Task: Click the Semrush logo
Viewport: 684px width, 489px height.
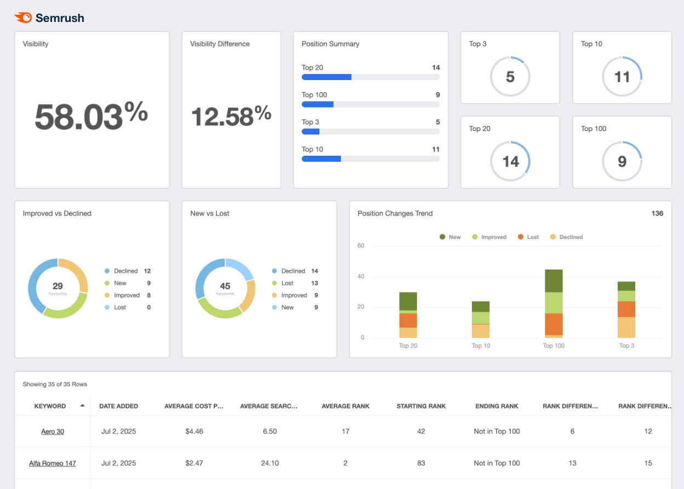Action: (x=49, y=18)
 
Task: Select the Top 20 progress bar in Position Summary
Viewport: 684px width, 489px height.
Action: (x=371, y=77)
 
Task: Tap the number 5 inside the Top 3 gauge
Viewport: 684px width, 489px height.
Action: (x=510, y=77)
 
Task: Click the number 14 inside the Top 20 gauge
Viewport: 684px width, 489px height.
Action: (x=510, y=162)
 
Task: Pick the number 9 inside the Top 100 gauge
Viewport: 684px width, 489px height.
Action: (x=622, y=162)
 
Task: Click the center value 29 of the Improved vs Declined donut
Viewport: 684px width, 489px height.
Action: (x=58, y=286)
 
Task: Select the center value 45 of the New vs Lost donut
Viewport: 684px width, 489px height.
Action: (x=225, y=286)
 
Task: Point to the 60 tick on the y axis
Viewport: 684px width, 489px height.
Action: (x=361, y=246)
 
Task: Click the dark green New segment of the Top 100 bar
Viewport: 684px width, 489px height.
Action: (x=554, y=281)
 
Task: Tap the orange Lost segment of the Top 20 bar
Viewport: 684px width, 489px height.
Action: (x=408, y=320)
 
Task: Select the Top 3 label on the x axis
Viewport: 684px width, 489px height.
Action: (x=626, y=346)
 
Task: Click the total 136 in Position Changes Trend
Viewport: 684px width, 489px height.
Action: (x=657, y=213)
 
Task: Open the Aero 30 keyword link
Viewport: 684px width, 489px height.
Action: (x=53, y=431)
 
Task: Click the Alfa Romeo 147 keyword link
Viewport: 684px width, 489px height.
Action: (x=53, y=463)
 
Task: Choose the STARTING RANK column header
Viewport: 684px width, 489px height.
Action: (x=421, y=406)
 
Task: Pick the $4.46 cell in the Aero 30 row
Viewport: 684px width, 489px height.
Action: (x=194, y=431)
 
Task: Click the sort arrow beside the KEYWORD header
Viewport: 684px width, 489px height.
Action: (x=82, y=406)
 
